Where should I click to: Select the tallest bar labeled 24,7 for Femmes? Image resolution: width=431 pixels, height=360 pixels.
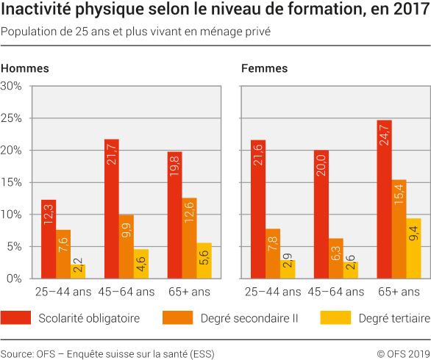(384, 199)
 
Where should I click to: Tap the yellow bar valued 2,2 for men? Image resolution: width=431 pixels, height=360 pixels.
(78, 271)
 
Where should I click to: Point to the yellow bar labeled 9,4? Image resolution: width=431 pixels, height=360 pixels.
(413, 248)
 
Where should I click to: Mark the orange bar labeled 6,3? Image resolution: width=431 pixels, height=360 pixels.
(335, 259)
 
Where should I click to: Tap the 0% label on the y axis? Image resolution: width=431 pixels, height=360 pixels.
(15, 278)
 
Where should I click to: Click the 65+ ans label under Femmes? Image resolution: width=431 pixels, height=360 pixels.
(399, 292)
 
